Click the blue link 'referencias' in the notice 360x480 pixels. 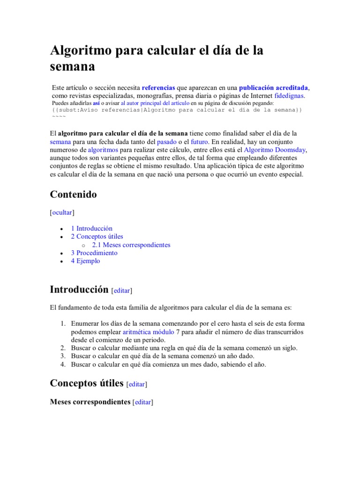click(158, 88)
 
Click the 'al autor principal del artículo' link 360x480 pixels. click(155, 103)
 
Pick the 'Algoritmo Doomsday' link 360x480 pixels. click(275, 150)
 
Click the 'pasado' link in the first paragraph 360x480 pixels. click(167, 142)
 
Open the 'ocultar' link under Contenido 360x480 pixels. click(62, 212)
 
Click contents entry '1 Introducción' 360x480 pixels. click(91, 228)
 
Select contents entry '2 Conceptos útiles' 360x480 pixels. click(97, 237)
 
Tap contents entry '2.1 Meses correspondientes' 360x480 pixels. click(131, 245)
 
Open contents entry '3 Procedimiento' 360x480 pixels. click(94, 253)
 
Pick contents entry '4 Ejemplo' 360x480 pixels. click(85, 261)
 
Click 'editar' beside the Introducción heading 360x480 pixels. click(121, 291)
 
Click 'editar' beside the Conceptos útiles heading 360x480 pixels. click(137, 384)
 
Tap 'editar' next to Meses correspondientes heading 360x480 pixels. click(143, 402)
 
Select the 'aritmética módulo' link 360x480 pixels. click(148, 332)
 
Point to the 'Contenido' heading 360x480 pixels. click(73, 195)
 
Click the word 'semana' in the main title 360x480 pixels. click(72, 66)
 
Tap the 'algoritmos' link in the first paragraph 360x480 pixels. click(103, 150)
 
